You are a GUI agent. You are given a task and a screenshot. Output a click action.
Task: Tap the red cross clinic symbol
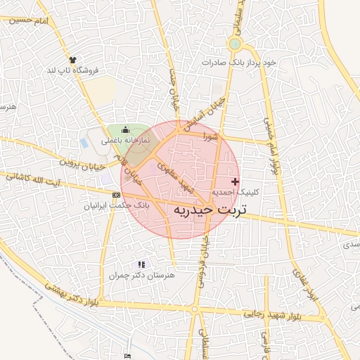235,181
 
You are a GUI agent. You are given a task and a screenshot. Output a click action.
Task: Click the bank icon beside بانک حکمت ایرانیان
116,195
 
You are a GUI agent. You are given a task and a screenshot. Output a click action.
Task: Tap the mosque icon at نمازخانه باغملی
126,129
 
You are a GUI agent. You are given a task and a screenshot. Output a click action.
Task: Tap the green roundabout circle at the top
235,44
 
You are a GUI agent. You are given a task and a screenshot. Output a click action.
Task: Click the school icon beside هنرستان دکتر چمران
142,264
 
